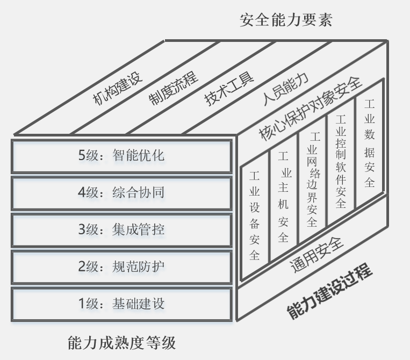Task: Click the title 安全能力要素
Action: (286, 20)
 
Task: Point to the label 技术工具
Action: (229, 89)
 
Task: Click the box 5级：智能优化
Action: (121, 156)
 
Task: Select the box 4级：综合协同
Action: (121, 193)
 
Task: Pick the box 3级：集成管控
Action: (121, 230)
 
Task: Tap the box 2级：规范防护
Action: (121, 267)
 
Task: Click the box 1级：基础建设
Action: (121, 304)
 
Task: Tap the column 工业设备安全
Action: (255, 215)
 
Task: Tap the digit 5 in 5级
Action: (82, 156)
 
